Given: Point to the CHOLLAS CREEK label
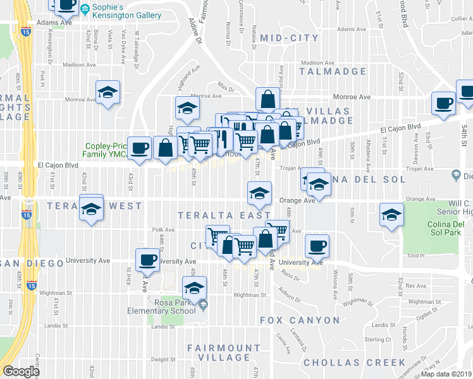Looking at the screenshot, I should tap(354, 363).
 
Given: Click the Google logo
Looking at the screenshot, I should tap(21, 371).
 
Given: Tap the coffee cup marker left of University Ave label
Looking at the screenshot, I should tap(148, 259).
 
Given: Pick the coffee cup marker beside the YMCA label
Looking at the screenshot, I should tap(140, 148).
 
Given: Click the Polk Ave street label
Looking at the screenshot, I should tap(163, 230).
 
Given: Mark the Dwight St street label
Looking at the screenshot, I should tap(163, 361).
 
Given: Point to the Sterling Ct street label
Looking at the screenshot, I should tap(378, 339).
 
